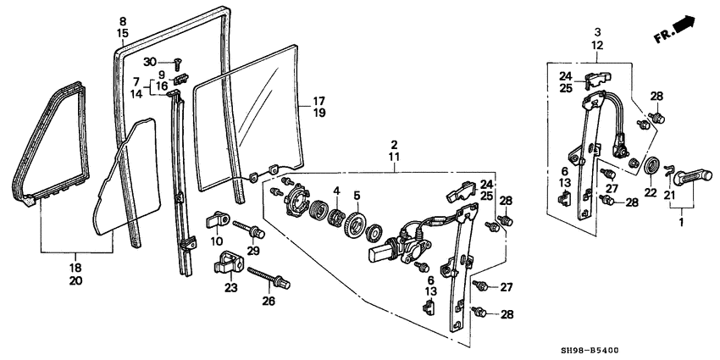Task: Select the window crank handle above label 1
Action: (x=692, y=176)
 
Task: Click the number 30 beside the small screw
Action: (x=150, y=62)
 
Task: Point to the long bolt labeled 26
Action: (x=269, y=278)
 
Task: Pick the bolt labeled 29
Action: (x=249, y=230)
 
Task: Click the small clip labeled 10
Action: (x=218, y=219)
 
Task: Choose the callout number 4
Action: (x=336, y=190)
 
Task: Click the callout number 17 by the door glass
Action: (x=319, y=101)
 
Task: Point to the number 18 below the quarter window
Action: (x=75, y=268)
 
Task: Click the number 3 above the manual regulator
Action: (x=597, y=32)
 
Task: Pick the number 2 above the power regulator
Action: (x=394, y=144)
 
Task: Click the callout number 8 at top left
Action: (x=123, y=21)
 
